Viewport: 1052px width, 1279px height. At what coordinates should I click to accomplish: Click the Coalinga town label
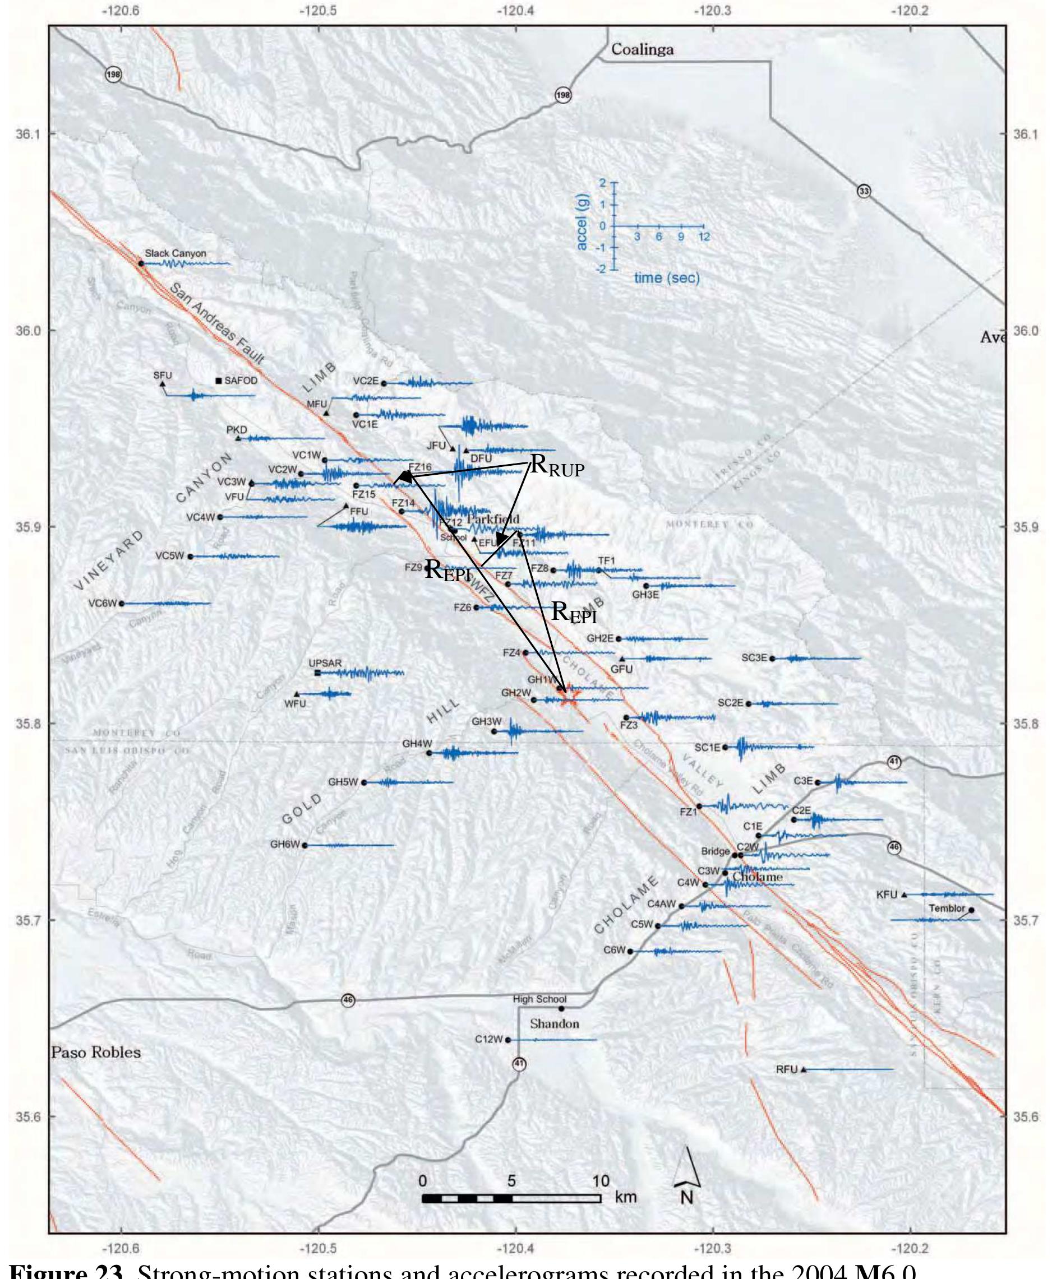pyautogui.click(x=642, y=50)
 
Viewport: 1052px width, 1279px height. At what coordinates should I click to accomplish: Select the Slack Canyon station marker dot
pyautogui.click(x=141, y=263)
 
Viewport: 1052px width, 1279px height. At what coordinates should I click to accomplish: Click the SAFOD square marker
pyautogui.click(x=219, y=381)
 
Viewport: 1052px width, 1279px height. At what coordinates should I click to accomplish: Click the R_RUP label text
pyautogui.click(x=557, y=466)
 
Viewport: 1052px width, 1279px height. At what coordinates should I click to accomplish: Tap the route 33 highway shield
pyautogui.click(x=864, y=191)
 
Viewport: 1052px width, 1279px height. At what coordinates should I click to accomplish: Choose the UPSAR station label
pyautogui.click(x=325, y=663)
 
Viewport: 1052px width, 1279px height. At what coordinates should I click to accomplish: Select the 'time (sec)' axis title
pyautogui.click(x=667, y=278)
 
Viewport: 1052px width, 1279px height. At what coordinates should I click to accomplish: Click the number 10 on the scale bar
pyautogui.click(x=600, y=1181)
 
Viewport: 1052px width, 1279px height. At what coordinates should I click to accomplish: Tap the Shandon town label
pyautogui.click(x=555, y=1024)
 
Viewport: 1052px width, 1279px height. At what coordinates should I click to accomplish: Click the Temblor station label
pyautogui.click(x=947, y=908)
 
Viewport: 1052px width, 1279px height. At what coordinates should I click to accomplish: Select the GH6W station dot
pyautogui.click(x=305, y=845)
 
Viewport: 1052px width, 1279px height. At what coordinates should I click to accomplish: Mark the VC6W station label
pyautogui.click(x=102, y=603)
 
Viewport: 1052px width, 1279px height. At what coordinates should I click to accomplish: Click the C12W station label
pyautogui.click(x=488, y=1039)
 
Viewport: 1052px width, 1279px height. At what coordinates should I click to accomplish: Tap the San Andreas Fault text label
pyautogui.click(x=216, y=324)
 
